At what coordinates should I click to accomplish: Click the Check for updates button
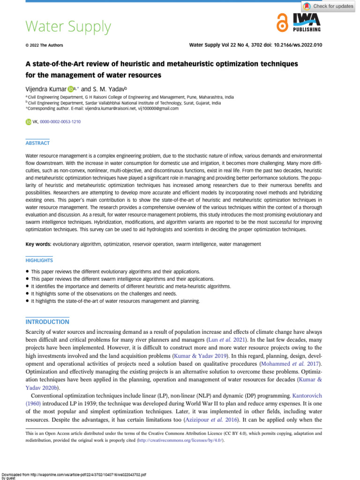tap(328, 6)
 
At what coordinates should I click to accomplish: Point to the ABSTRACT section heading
tap(37, 143)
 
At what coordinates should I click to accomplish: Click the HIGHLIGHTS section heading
tap(39, 260)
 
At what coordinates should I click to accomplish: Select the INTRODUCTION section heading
tap(46, 322)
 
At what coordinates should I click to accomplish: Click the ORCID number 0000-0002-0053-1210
tap(60, 122)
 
